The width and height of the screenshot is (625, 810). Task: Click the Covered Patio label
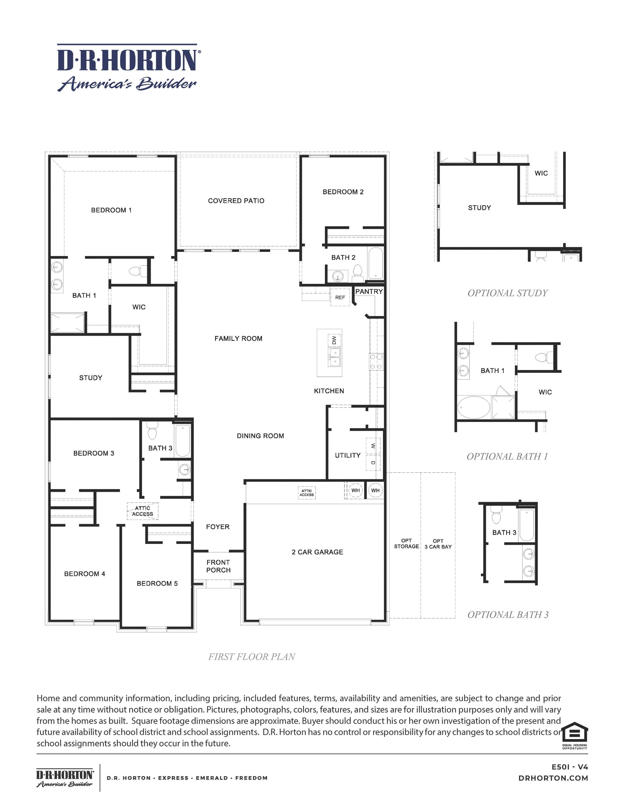point(236,201)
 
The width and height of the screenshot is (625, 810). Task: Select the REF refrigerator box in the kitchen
point(340,297)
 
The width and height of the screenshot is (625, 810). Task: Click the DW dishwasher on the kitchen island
point(334,340)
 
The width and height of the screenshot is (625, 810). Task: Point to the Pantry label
point(369,291)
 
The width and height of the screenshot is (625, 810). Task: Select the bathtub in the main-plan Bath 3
point(182,440)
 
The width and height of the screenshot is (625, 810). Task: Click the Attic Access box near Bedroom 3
point(143,511)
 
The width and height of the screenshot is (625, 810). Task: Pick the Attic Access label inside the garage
point(306,493)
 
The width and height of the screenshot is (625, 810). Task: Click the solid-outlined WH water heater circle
point(375,490)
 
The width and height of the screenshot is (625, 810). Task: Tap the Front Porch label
point(218,566)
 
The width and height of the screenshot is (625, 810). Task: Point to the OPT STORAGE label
point(406,543)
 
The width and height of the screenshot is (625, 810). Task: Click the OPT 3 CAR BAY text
point(438,544)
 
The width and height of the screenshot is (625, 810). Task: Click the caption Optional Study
point(507,293)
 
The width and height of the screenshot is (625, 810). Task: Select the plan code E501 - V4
point(569,767)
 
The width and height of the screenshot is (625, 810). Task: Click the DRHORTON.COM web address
point(553,778)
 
